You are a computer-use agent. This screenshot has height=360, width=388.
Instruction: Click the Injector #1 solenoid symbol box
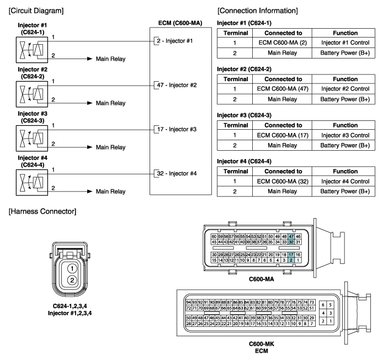click(32, 50)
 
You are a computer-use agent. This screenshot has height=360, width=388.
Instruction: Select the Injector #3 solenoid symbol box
click(32, 138)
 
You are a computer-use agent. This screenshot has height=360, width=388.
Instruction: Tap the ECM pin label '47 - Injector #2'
click(177, 85)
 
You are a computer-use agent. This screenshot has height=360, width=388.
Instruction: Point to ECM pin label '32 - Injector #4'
click(177, 173)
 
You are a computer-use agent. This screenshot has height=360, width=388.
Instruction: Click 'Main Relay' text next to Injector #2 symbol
click(110, 103)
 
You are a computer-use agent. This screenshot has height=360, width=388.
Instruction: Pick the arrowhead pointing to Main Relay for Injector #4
click(90, 192)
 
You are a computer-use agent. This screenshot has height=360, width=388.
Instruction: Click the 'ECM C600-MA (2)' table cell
click(283, 43)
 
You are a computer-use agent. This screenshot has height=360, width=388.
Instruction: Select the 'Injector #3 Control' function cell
click(345, 135)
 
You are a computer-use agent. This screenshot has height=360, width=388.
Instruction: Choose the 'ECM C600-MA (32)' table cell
click(283, 181)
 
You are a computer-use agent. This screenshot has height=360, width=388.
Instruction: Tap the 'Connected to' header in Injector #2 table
click(283, 79)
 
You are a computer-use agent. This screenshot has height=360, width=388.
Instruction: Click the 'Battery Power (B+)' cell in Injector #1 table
click(345, 53)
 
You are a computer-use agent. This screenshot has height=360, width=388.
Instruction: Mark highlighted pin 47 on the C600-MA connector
click(291, 236)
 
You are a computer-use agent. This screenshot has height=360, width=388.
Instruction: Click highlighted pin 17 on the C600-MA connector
click(291, 255)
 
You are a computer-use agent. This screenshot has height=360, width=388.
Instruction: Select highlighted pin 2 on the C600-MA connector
click(291, 260)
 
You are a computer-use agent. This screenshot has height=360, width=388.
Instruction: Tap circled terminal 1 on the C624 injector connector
click(72, 269)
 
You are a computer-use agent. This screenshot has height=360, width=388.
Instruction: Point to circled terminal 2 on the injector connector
click(72, 280)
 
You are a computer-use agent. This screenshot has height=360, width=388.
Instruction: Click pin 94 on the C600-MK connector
click(189, 303)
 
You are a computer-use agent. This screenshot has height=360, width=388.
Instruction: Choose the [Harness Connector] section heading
click(42, 211)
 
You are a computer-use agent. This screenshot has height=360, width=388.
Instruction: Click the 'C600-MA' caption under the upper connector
click(261, 279)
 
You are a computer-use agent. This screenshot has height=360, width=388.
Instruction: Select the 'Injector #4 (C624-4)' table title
click(244, 161)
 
